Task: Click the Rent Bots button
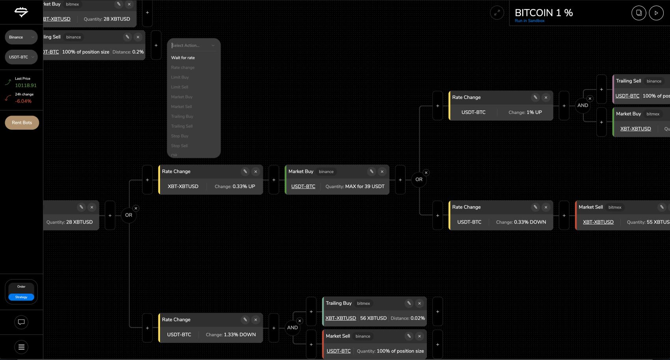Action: [22, 123]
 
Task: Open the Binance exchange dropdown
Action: [21, 37]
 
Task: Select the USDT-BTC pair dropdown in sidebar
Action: [21, 57]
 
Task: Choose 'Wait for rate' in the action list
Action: [183, 58]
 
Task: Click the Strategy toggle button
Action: [21, 297]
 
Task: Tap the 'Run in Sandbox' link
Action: [529, 21]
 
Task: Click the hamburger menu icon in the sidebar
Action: [21, 347]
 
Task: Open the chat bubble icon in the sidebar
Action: [21, 322]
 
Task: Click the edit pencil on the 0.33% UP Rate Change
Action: [245, 172]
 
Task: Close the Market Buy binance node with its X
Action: [382, 172]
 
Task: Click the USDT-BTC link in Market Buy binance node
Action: [303, 187]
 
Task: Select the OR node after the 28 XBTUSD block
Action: [128, 215]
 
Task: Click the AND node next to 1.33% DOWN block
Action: [292, 328]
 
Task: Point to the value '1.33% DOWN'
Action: [240, 335]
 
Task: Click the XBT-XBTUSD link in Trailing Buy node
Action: [341, 318]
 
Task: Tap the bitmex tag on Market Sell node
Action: [614, 207]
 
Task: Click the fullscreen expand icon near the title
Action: [497, 13]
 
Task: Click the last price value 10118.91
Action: [26, 86]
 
